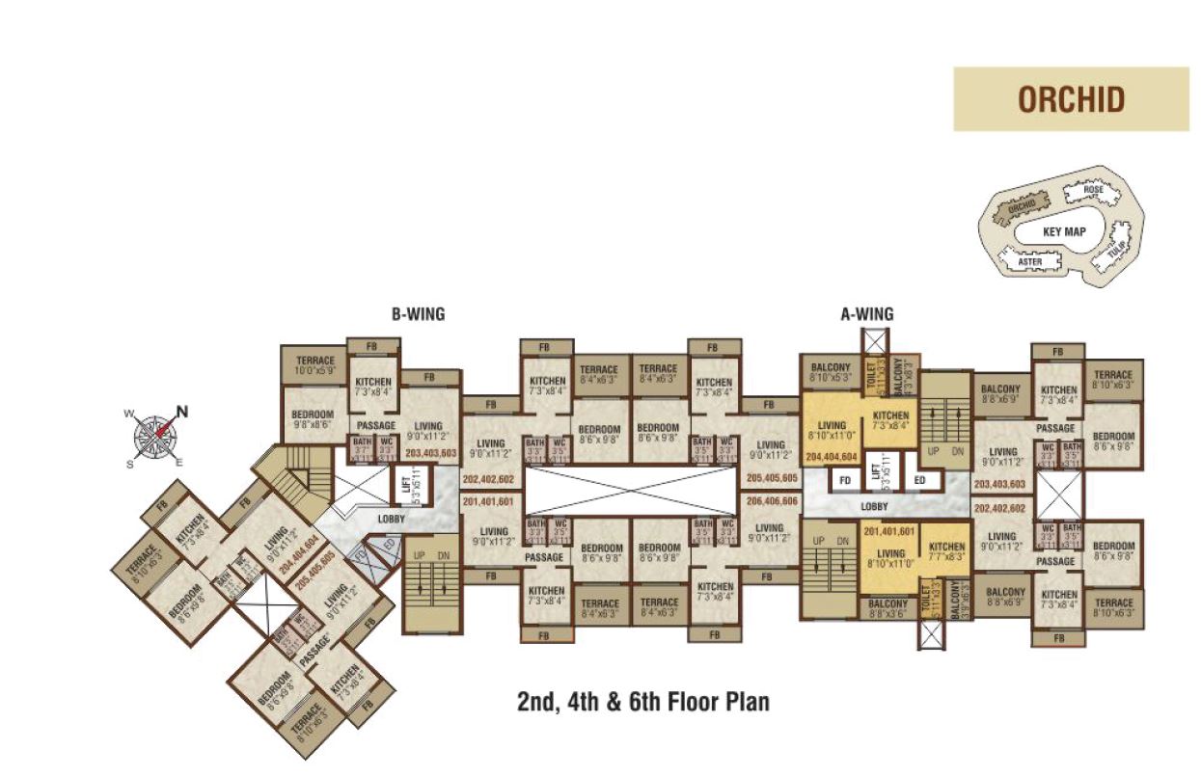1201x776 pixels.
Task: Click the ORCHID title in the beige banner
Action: pos(1071,99)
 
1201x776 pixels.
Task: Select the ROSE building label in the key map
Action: pos(1093,191)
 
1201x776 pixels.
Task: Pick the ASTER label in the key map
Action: pos(1030,261)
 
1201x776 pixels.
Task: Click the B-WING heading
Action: pos(418,313)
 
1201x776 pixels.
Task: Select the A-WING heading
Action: pos(867,313)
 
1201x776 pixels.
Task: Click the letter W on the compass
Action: pos(128,415)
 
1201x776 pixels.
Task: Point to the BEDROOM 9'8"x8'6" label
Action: pos(313,418)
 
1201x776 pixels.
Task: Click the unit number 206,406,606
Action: pos(772,501)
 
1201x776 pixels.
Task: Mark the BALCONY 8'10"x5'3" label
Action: pos(830,372)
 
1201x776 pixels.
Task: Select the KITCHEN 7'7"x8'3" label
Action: pos(946,552)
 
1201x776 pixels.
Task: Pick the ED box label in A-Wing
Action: pos(919,480)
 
